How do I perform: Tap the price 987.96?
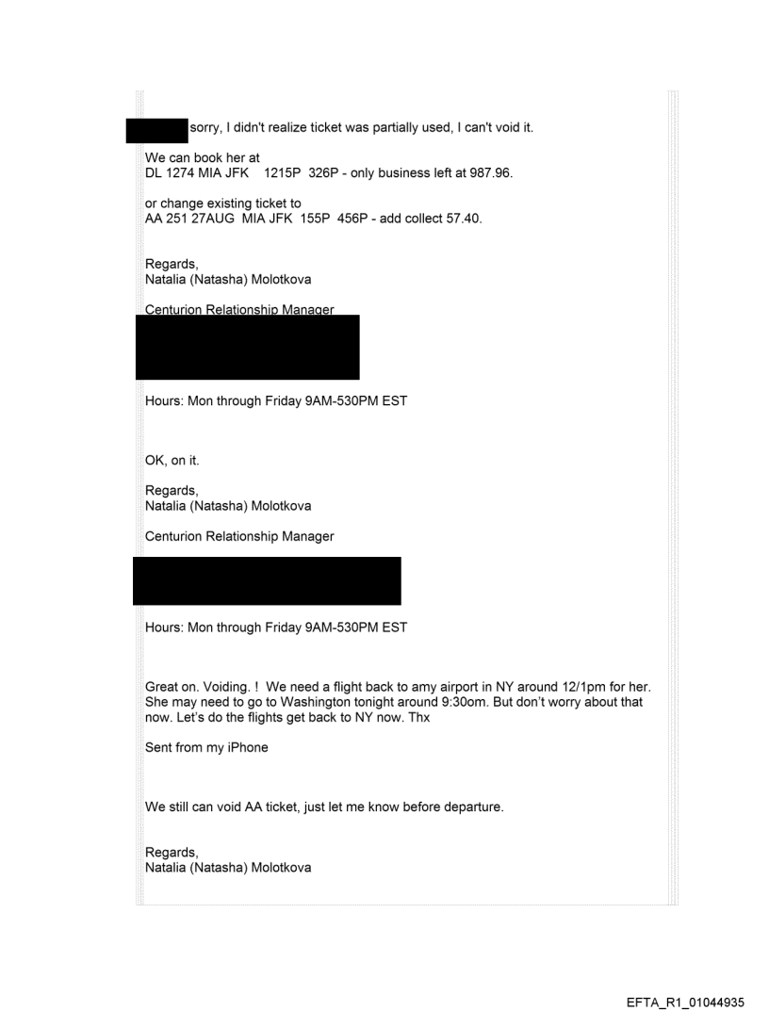pos(488,173)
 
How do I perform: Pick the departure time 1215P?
pos(286,173)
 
